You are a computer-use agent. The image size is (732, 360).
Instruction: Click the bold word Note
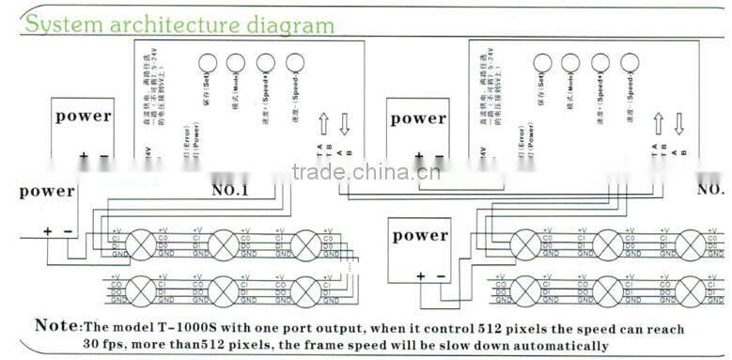55,326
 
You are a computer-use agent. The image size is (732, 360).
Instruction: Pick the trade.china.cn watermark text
360,172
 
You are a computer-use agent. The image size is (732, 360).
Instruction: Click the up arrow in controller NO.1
322,121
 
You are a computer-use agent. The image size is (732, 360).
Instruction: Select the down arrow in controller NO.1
345,121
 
